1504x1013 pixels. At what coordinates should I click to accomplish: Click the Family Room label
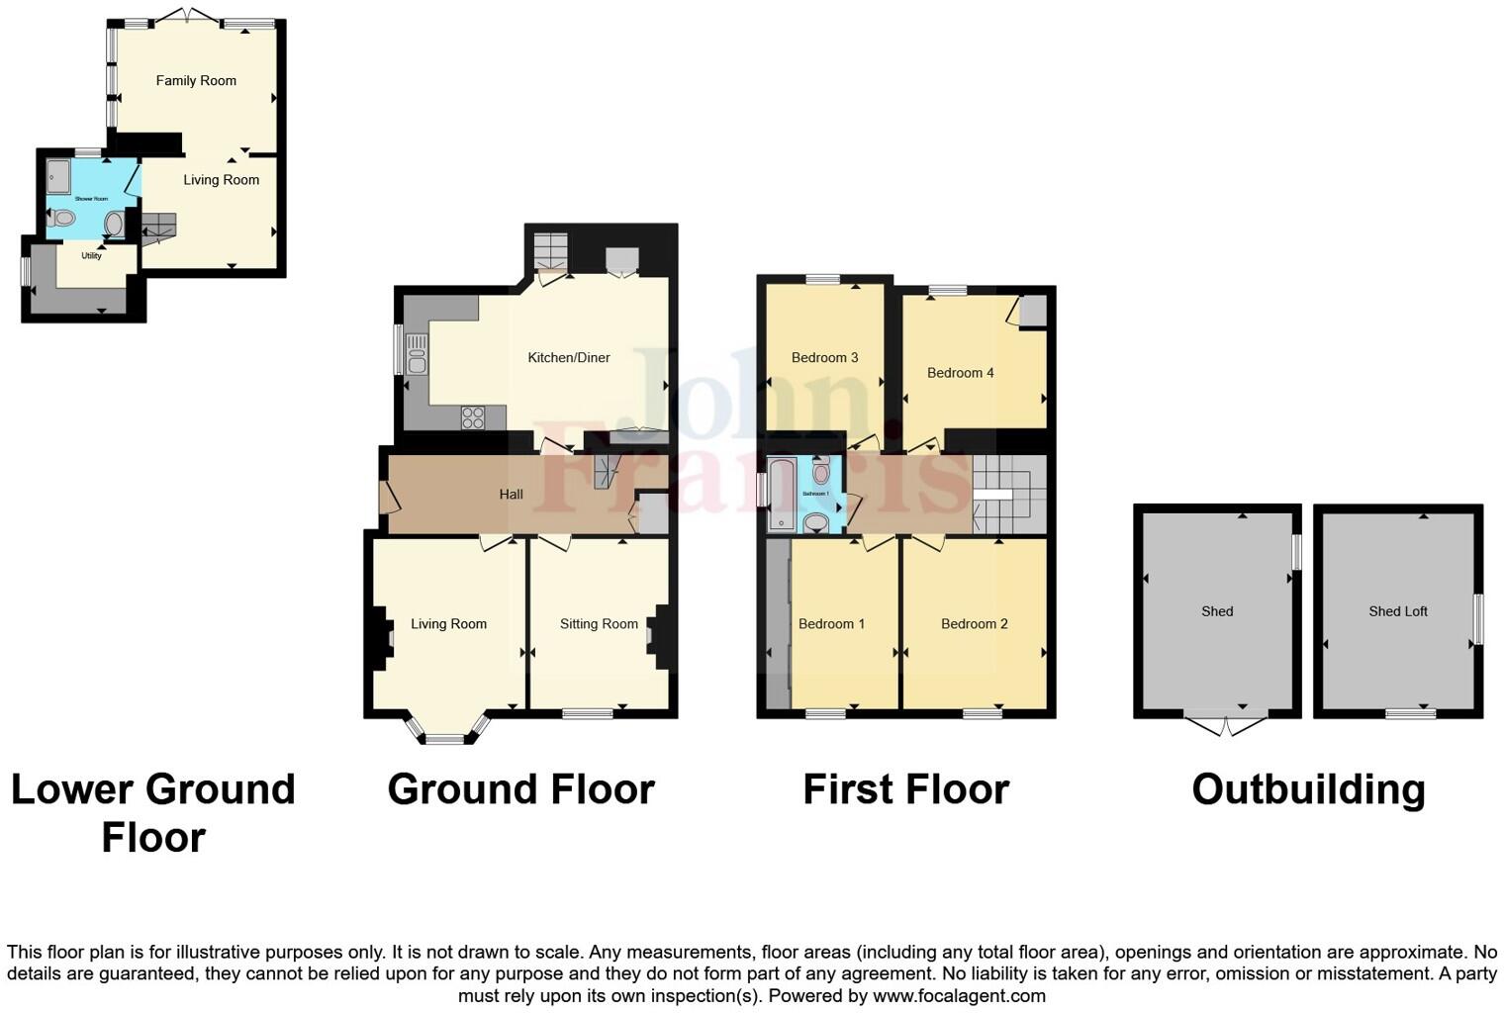click(x=196, y=81)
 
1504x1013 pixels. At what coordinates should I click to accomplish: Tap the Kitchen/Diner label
click(x=569, y=358)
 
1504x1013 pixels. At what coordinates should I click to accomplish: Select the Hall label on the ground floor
click(x=511, y=494)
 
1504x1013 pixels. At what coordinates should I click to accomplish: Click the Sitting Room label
click(x=599, y=624)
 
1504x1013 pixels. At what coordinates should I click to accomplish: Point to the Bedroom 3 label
click(x=824, y=358)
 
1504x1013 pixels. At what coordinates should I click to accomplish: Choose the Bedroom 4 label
click(x=960, y=373)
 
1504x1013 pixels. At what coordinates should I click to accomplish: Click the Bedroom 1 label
click(x=831, y=624)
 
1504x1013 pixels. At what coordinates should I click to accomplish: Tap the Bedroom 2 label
click(x=974, y=624)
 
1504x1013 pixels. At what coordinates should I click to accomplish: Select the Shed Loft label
click(x=1397, y=611)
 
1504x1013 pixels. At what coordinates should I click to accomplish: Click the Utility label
click(x=91, y=256)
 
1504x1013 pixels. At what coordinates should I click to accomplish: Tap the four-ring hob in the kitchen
click(x=473, y=418)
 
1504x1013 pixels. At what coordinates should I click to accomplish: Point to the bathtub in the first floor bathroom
click(x=781, y=494)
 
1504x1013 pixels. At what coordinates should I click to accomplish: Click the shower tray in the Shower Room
click(x=58, y=176)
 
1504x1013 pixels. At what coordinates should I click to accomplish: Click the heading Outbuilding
click(x=1308, y=789)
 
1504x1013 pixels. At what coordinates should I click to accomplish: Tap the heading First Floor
click(x=905, y=789)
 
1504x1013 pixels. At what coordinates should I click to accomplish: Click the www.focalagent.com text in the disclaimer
click(x=958, y=996)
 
